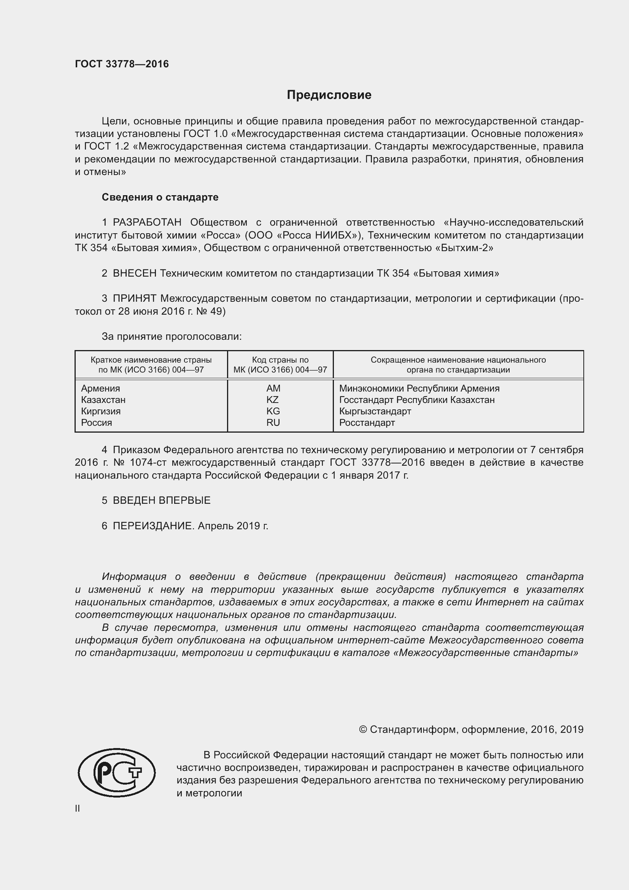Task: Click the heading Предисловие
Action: point(329,95)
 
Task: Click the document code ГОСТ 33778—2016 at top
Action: point(122,64)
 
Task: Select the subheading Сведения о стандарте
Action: point(160,197)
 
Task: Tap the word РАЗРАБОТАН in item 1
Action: point(147,223)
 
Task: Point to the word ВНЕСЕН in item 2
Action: point(134,273)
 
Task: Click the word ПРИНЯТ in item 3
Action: point(134,298)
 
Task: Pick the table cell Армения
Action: point(100,388)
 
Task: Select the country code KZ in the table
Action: point(273,400)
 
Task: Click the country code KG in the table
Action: point(273,411)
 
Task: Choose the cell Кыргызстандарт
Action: point(375,411)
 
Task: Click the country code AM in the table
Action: point(273,388)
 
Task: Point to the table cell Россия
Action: point(97,422)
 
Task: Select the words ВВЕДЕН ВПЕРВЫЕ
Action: point(162,500)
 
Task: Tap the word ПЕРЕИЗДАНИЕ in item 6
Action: point(152,526)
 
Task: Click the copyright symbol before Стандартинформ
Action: point(362,729)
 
